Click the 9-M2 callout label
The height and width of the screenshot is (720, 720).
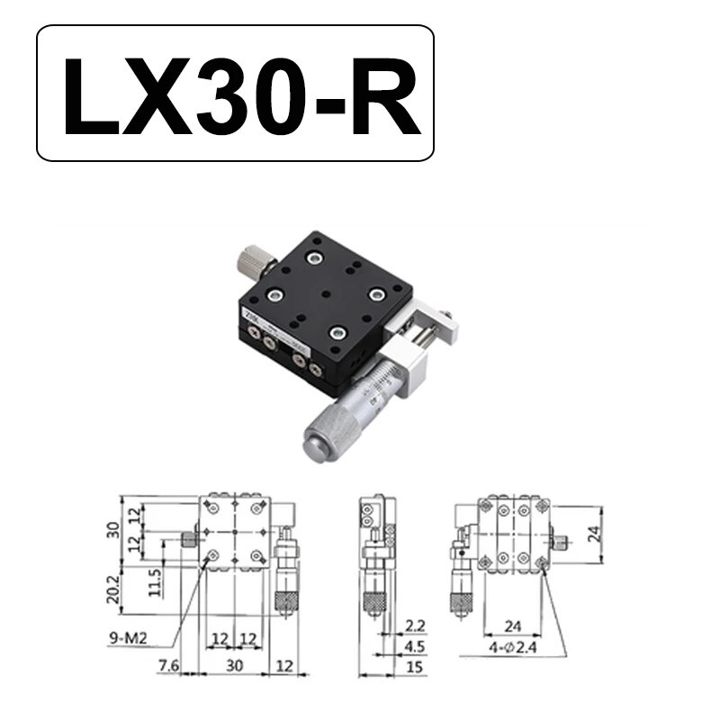pos(128,638)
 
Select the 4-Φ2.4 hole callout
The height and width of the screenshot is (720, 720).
pos(512,647)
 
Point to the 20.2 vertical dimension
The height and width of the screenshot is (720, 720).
pos(113,589)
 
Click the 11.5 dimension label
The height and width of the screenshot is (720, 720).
pos(155,582)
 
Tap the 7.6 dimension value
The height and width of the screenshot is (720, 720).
pos(168,665)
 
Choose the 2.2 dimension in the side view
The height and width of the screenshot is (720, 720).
pos(415,625)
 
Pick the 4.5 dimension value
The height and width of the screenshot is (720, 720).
pos(415,646)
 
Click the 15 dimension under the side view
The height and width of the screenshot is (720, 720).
pos(414,666)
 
